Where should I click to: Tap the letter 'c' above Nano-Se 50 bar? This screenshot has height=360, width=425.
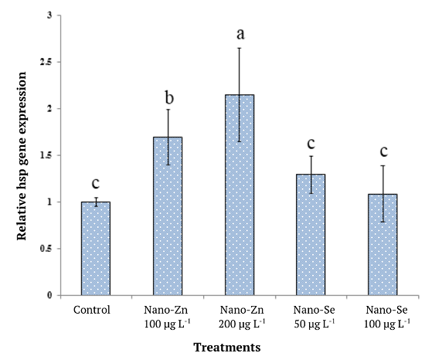point(311,144)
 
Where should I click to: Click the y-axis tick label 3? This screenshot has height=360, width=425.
point(50,15)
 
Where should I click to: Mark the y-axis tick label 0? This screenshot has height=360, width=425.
point(50,295)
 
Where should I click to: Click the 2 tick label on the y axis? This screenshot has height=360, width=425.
point(50,109)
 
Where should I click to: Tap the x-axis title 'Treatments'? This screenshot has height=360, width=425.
point(227,347)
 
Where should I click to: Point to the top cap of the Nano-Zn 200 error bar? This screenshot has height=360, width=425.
point(240,48)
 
